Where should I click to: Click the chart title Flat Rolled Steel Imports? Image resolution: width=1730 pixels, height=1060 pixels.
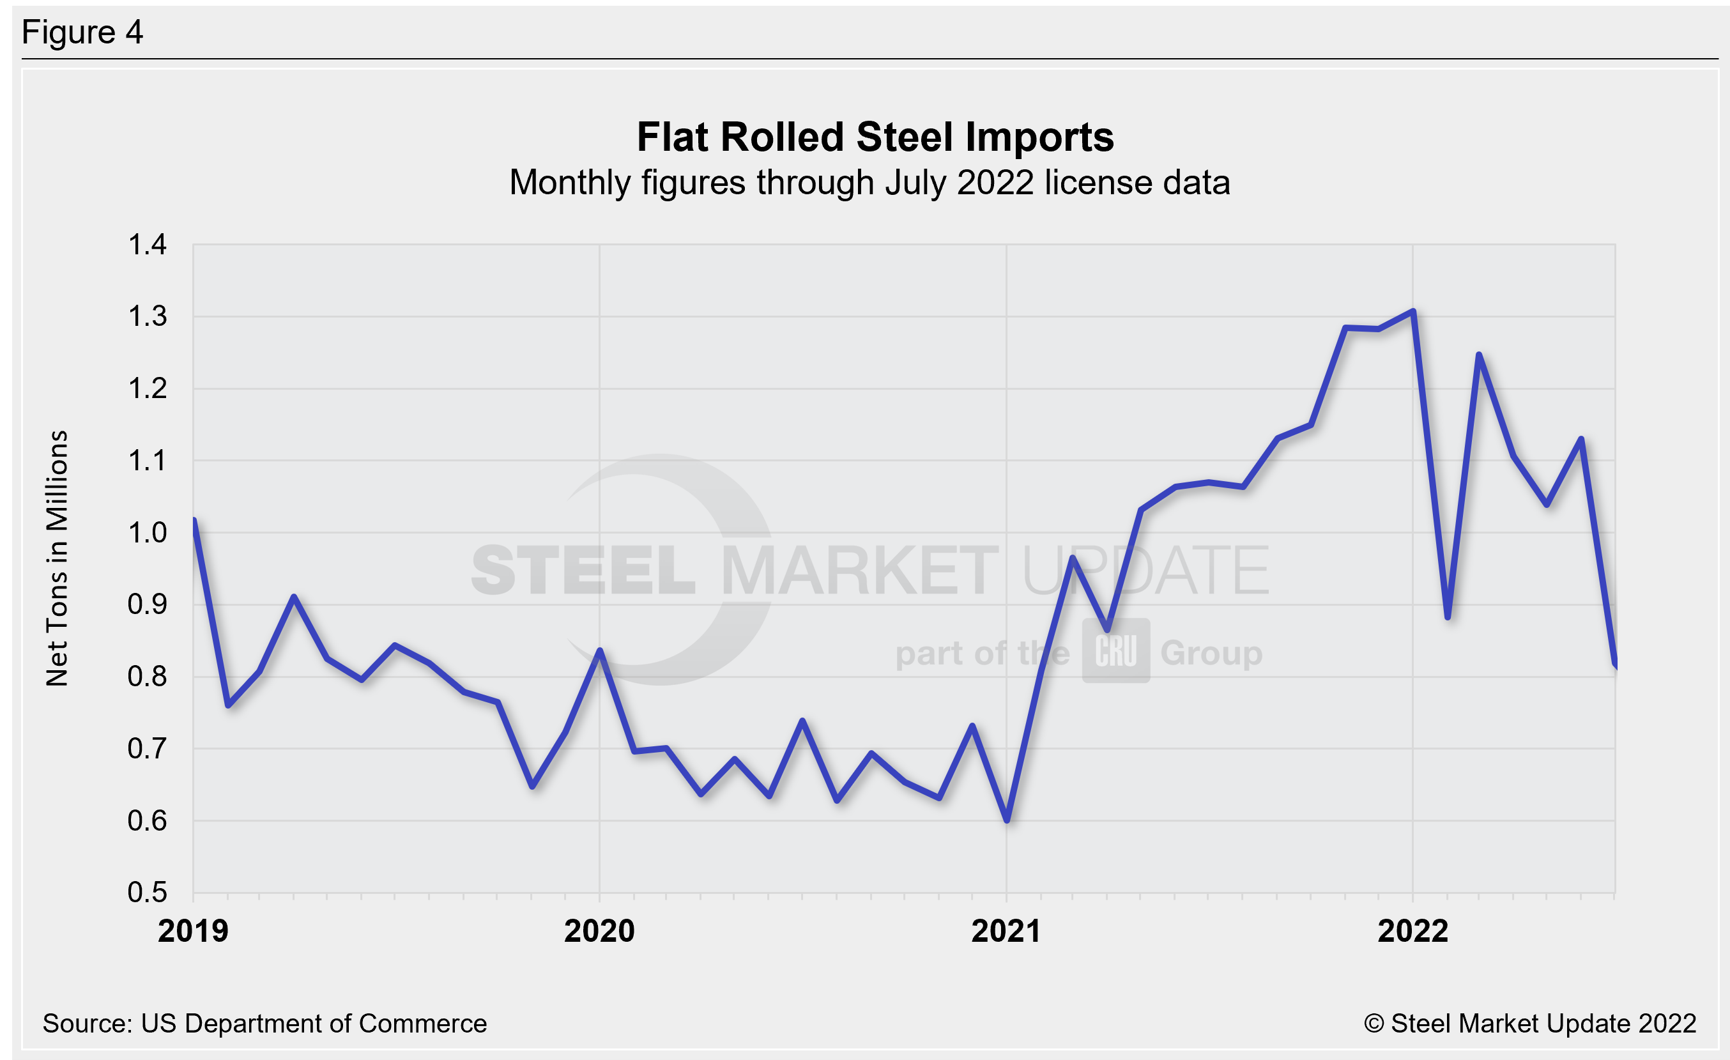(875, 137)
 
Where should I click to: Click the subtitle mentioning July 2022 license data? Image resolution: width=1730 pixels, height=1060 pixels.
(869, 183)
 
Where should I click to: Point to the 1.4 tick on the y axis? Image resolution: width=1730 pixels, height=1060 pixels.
(148, 245)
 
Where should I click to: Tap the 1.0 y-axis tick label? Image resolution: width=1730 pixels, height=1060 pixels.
(148, 533)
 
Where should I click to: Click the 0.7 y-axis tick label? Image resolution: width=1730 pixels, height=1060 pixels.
(148, 749)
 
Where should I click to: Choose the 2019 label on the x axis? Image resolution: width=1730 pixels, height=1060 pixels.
(193, 931)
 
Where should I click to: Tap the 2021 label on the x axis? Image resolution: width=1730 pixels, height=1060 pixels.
(1006, 931)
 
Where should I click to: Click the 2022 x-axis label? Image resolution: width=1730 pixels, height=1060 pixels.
(1412, 931)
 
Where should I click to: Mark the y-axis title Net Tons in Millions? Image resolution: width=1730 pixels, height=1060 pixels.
(57, 558)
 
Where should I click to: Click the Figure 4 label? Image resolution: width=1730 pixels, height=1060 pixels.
(82, 33)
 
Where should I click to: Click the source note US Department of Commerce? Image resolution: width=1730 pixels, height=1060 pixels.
(264, 1024)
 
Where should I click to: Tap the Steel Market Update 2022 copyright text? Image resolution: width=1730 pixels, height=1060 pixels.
(1530, 1024)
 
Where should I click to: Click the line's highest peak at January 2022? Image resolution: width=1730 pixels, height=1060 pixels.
(1412, 311)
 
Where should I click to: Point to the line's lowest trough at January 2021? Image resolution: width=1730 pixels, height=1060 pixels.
(1007, 820)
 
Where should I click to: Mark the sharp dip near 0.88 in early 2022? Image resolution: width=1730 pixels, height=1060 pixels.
(1448, 617)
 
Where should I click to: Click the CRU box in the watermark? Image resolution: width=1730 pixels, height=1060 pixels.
(1115, 650)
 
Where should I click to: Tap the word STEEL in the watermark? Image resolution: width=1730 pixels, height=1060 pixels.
(583, 570)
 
